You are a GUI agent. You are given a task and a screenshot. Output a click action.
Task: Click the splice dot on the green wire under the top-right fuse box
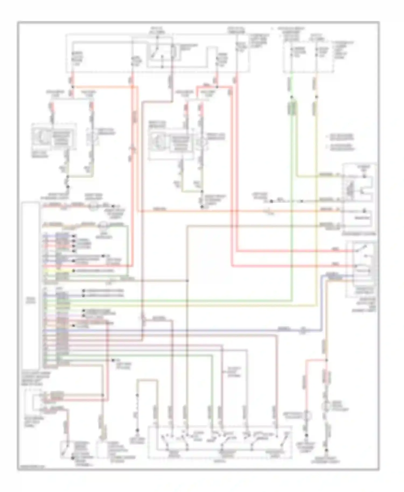point(291,97)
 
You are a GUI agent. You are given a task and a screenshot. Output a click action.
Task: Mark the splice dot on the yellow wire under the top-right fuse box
point(316,97)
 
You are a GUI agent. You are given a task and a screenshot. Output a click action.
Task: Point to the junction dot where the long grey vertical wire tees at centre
point(187,281)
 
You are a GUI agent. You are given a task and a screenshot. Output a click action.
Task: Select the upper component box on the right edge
point(360,198)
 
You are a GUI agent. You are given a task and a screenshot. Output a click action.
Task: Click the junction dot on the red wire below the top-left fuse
point(72,87)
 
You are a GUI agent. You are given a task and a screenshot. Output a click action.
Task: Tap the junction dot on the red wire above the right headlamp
point(217,87)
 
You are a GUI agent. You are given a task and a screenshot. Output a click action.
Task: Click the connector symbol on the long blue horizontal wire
point(304,330)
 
